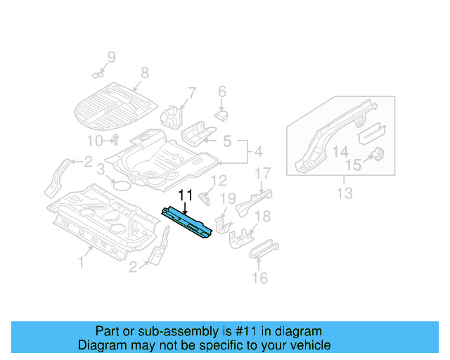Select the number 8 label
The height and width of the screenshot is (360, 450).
(145, 72)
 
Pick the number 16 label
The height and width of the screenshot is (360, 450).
(260, 278)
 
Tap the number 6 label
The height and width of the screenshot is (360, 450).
(221, 91)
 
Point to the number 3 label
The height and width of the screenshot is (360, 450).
(101, 169)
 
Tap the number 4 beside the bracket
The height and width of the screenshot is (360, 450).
(257, 151)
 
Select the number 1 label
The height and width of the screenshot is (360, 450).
(81, 262)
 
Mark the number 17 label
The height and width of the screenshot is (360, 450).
(262, 173)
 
